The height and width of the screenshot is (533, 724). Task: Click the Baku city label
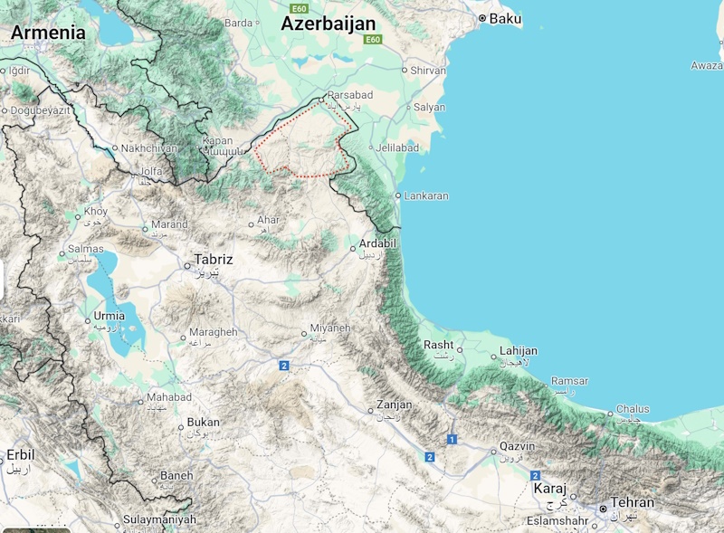click(505, 18)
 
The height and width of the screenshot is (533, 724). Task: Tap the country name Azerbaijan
click(327, 24)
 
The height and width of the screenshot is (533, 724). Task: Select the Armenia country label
click(48, 33)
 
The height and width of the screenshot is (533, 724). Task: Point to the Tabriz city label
click(214, 260)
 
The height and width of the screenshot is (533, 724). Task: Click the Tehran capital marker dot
click(604, 509)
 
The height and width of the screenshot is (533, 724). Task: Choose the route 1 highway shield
click(452, 440)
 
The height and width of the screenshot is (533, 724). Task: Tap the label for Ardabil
click(378, 243)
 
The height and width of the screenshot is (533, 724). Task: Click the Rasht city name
click(438, 345)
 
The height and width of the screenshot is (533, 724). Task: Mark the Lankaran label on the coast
click(426, 195)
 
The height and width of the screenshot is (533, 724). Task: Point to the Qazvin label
click(517, 447)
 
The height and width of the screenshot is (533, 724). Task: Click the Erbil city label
click(20, 454)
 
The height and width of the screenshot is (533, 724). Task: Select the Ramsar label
click(569, 381)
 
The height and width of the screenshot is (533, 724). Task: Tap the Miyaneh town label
click(329, 328)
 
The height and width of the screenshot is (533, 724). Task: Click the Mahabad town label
click(169, 397)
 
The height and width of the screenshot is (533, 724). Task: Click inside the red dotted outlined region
click(303, 145)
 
